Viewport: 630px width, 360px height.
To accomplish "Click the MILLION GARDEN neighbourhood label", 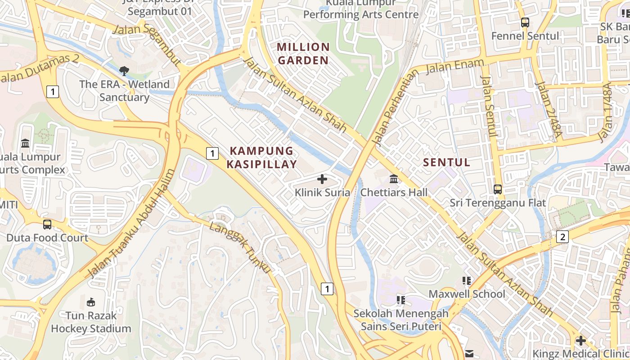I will (303, 54).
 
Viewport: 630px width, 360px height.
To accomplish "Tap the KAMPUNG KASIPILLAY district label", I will (261, 157).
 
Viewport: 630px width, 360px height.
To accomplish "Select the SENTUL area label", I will (446, 162).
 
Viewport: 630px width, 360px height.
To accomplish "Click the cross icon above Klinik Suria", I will (322, 179).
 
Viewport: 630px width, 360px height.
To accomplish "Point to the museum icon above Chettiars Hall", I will (394, 179).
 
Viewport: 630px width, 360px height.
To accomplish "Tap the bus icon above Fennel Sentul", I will (525, 22).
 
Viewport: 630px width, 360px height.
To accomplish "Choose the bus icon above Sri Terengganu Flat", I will (498, 189).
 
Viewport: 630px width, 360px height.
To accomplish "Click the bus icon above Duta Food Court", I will (47, 224).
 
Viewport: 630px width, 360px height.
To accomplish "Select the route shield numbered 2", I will (562, 237).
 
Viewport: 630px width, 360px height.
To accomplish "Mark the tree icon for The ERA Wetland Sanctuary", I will (124, 71).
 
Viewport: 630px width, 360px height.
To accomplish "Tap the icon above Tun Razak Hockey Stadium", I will (91, 302).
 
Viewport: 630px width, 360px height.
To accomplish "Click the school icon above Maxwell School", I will (467, 281).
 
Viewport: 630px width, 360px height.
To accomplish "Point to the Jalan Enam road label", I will (455, 66).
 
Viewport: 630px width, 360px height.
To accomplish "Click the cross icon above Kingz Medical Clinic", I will (581, 340).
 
